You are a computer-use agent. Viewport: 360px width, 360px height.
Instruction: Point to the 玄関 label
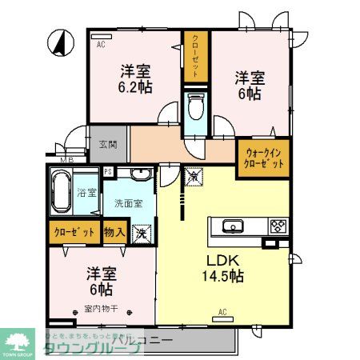(x=108, y=145)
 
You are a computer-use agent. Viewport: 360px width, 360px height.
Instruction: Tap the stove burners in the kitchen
(x=278, y=225)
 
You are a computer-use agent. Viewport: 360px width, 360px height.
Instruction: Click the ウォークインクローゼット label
(x=263, y=157)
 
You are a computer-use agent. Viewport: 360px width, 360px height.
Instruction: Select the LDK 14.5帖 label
(x=226, y=267)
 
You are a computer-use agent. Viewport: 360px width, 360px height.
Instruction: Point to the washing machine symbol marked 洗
(x=141, y=234)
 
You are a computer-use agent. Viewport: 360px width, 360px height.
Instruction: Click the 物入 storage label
(x=114, y=232)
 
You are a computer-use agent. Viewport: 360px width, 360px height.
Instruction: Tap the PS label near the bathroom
(x=108, y=172)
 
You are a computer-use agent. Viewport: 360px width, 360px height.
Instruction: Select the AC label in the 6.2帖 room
(x=102, y=45)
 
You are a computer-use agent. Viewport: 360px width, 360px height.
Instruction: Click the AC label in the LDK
(x=223, y=312)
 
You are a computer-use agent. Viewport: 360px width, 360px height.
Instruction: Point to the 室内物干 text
(x=98, y=307)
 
